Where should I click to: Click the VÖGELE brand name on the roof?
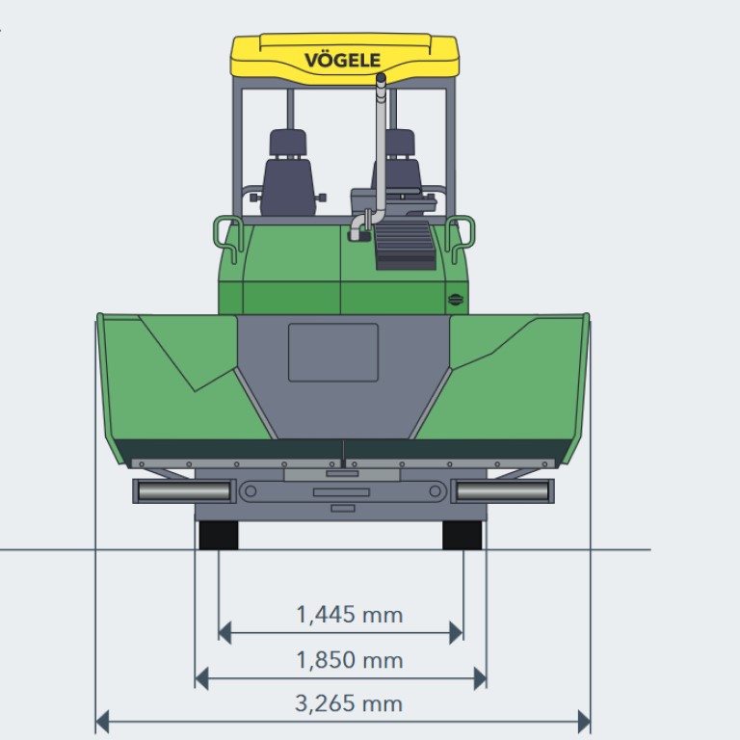click(342, 60)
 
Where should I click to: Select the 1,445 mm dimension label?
click(349, 615)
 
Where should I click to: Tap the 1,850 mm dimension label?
click(349, 660)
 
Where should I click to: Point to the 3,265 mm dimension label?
click(349, 703)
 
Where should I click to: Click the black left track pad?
click(219, 535)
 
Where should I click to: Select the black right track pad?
click(462, 535)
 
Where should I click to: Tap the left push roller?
click(184, 491)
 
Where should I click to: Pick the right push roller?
click(502, 491)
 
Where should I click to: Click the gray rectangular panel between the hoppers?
click(333, 352)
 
